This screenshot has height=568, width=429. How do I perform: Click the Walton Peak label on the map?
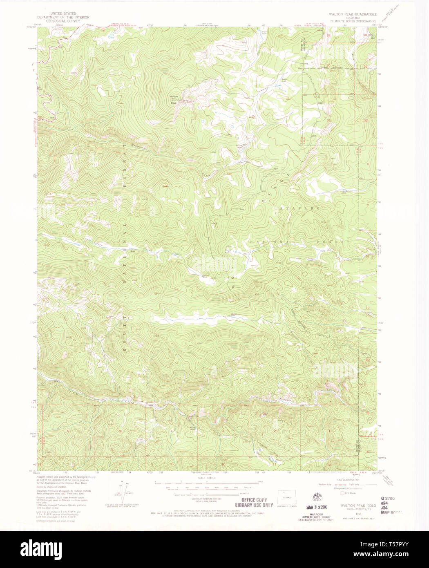174,98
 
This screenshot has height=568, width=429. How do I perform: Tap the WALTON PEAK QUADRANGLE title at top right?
353,14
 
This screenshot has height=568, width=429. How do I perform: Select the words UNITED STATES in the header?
63,13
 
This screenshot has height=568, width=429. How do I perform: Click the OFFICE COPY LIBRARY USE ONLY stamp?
254,502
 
